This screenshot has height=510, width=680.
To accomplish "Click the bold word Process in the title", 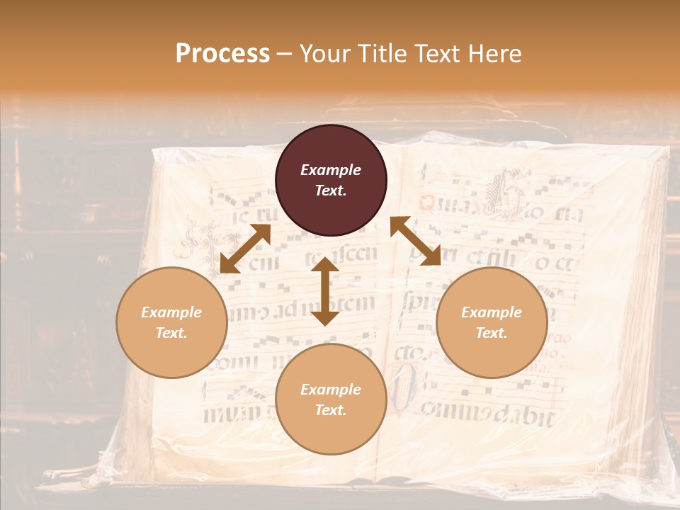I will pyautogui.click(x=222, y=54).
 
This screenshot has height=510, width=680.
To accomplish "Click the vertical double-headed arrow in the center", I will pyautogui.click(x=324, y=291).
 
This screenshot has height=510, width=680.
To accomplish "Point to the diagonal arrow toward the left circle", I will pyautogui.click(x=245, y=248).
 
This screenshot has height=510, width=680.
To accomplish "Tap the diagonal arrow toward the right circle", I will pyautogui.click(x=415, y=241).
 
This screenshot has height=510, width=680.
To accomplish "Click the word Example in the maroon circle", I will pyautogui.click(x=331, y=170).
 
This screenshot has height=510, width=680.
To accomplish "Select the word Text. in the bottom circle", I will pyautogui.click(x=331, y=410).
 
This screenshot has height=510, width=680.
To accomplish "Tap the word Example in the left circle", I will pyautogui.click(x=171, y=312).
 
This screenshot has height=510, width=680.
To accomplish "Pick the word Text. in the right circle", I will pyautogui.click(x=492, y=333).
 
